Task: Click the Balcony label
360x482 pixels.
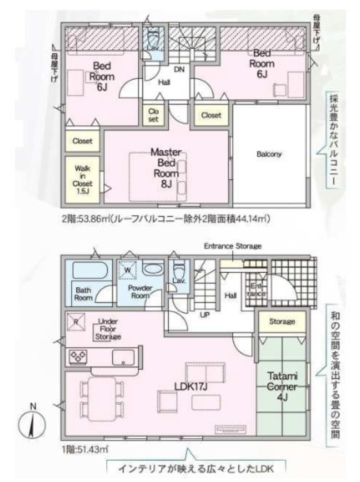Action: point(269,154)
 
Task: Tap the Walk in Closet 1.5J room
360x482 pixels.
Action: point(82,179)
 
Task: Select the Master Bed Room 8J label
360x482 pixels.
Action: point(166,168)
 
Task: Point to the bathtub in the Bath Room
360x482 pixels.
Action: point(89,270)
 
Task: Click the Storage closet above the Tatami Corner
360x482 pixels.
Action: point(282,321)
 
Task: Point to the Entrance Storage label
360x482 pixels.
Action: point(233,246)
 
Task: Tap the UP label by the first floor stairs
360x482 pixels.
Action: point(205,314)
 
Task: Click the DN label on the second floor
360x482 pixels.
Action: point(179,70)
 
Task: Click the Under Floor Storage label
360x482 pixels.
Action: point(108,329)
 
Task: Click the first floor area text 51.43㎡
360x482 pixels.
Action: point(85,449)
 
